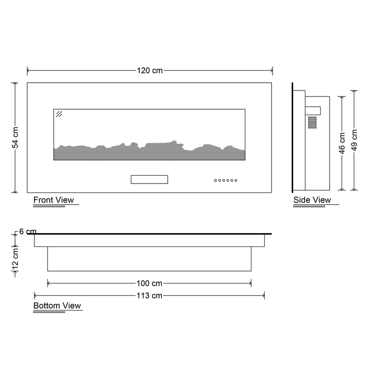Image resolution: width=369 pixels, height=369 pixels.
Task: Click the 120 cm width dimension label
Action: click(150, 70)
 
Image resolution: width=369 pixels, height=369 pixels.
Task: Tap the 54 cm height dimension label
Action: click(15, 138)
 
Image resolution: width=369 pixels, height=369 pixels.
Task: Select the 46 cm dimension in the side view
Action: click(342, 143)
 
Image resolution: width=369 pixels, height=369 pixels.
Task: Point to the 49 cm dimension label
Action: click(354, 140)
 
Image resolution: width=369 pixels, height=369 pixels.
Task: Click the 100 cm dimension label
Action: click(150, 283)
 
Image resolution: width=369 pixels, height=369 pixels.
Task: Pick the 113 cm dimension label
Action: click(150, 295)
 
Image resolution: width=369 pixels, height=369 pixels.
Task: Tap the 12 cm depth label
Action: click(15, 259)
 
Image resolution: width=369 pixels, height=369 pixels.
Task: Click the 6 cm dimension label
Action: click(28, 232)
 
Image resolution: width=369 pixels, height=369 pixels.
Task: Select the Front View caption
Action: click(54, 200)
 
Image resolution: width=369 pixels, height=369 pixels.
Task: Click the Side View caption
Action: click(312, 200)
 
